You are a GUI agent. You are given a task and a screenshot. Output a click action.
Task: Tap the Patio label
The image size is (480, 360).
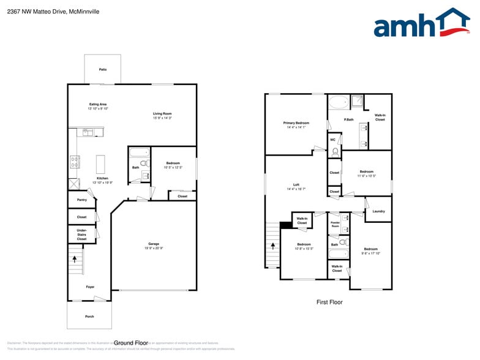[102, 70]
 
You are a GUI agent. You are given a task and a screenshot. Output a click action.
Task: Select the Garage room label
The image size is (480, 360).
[154, 244]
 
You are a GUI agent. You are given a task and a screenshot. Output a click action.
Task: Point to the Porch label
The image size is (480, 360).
[89, 317]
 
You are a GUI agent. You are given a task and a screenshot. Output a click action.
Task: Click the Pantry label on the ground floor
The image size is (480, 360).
[81, 200]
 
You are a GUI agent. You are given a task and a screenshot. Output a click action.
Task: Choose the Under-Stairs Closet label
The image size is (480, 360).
[81, 235]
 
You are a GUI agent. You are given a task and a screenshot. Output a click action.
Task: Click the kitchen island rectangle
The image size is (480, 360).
[101, 164]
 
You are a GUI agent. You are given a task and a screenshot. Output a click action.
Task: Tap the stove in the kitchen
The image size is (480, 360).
[75, 162]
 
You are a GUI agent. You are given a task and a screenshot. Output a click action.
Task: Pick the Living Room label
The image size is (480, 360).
[162, 113]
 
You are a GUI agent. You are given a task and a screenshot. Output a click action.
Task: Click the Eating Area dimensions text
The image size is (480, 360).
[99, 108]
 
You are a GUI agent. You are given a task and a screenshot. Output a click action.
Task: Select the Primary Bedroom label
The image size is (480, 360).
[296, 123]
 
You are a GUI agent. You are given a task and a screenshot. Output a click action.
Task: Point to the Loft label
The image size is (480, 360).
[296, 185]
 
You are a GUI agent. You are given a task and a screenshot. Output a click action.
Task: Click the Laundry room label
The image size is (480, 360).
[378, 211]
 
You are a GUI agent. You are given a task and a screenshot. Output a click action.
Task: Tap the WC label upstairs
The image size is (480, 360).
[333, 140]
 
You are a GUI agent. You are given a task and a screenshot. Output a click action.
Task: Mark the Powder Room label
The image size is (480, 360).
[335, 225]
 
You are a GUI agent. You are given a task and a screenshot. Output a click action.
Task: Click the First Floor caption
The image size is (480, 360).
[329, 302]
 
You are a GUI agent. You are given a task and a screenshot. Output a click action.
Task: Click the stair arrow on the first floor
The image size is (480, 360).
[273, 246]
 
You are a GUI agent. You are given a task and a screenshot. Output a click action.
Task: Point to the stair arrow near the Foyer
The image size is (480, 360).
[75, 259]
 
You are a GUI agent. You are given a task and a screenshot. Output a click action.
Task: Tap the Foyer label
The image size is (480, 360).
[90, 287]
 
